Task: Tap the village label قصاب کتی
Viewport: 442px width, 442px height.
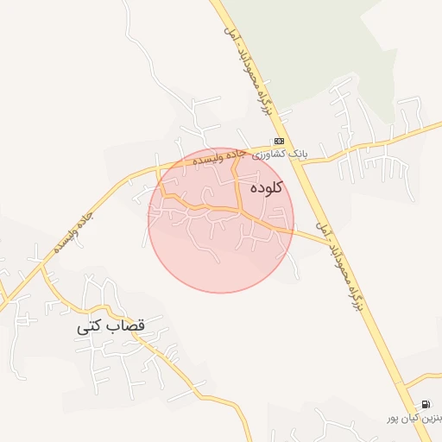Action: pyautogui.click(x=111, y=327)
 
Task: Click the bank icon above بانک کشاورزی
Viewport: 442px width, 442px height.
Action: pyautogui.click(x=279, y=141)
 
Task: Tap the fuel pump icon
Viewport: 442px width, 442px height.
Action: pyautogui.click(x=426, y=404)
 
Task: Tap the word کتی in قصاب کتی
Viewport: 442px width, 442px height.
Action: pyautogui.click(x=92, y=328)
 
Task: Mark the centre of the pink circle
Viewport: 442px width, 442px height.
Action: pyautogui.click(x=221, y=220)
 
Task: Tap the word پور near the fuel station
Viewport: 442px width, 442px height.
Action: pyautogui.click(x=395, y=419)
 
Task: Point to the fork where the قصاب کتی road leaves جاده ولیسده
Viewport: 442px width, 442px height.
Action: pyautogui.click(x=41, y=270)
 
